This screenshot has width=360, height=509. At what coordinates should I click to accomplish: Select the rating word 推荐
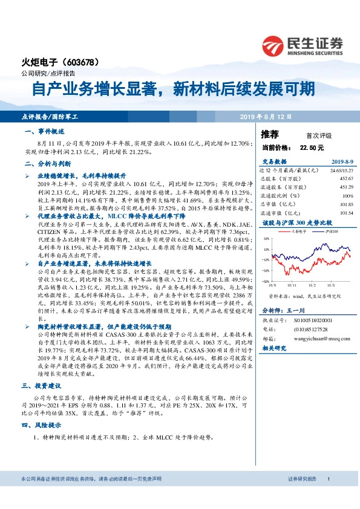[269, 134]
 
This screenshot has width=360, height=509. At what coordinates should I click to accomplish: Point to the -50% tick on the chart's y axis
[266, 280]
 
